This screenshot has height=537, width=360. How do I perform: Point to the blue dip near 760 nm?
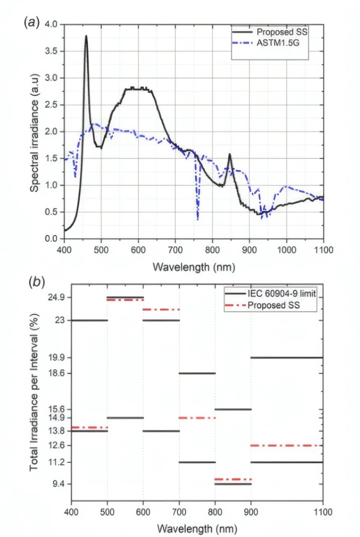198,218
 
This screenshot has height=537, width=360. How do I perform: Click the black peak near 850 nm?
230,155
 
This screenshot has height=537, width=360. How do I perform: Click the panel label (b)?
36,282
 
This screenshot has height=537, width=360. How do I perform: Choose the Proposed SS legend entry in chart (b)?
274,305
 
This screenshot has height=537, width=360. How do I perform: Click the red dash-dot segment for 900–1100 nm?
287,445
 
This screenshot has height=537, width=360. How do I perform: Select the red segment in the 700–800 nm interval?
197,418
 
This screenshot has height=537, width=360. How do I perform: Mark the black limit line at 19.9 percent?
287,357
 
